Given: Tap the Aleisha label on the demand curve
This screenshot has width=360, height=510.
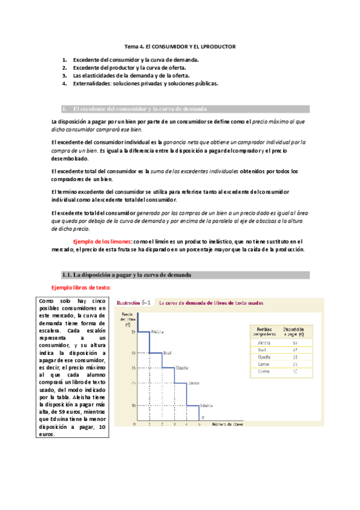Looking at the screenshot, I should [x=158, y=331].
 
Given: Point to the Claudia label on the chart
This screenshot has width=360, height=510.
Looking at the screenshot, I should [x=183, y=367].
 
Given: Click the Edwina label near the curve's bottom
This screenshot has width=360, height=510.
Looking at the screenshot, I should [x=207, y=405].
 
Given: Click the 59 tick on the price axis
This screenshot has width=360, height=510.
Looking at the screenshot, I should [x=134, y=331].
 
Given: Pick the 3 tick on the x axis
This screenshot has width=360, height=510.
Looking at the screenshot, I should [x=174, y=423].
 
